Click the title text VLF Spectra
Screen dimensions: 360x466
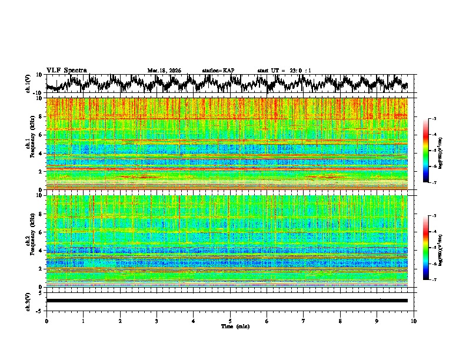pyautogui.click(x=66, y=70)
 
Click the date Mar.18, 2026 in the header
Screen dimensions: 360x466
pyautogui.click(x=164, y=71)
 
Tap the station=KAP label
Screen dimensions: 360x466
pyautogui.click(x=218, y=71)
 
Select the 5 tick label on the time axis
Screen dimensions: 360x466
pyautogui.click(x=230, y=321)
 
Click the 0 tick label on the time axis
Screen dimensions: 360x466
pyautogui.click(x=46, y=321)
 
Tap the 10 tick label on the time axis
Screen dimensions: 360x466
pyautogui.click(x=414, y=321)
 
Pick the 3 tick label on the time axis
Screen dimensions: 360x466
pyautogui.click(x=157, y=321)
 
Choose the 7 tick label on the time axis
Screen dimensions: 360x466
pyautogui.click(x=304, y=321)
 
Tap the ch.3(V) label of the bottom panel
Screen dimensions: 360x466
pyautogui.click(x=29, y=301)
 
